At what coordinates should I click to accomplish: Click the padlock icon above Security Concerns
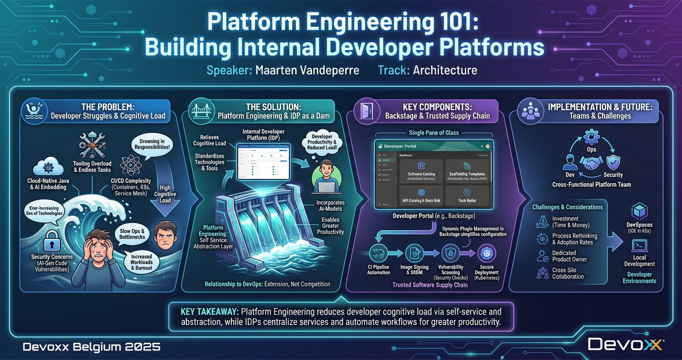pos(51,243)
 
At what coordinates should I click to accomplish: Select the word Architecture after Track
pos(445,70)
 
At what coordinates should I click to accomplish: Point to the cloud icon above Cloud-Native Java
pos(48,168)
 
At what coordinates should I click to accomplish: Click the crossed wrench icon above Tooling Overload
pos(92,145)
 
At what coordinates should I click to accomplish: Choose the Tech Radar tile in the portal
pos(467,195)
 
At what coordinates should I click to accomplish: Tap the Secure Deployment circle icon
pos(487,253)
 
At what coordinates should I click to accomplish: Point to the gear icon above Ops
pos(591,136)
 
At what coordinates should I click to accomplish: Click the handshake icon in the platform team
pos(591,164)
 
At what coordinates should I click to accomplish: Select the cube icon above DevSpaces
pos(639,211)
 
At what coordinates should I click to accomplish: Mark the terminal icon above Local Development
pos(639,246)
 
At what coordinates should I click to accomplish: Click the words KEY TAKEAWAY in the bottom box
pos(208,312)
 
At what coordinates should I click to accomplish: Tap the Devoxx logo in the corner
pos(625,344)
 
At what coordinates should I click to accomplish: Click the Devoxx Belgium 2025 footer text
pos(91,346)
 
